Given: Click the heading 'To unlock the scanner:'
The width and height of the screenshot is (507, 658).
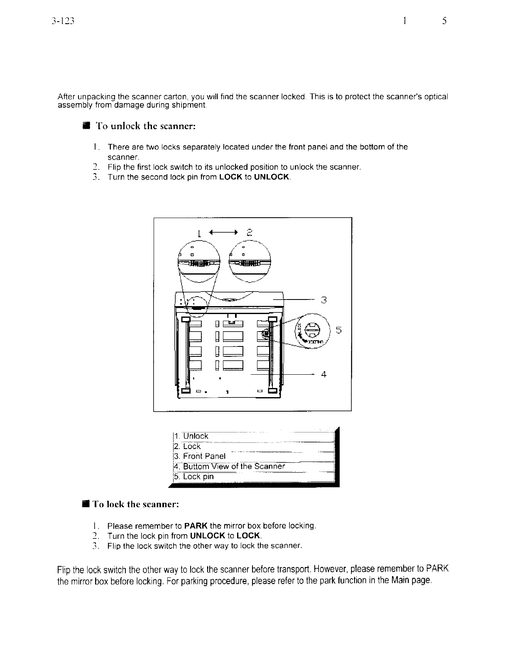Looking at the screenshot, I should pyautogui.click(x=145, y=126).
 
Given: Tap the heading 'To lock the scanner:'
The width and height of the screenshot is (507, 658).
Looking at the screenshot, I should pyautogui.click(x=136, y=504).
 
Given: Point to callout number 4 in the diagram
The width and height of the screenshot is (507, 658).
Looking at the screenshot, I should pyautogui.click(x=323, y=374).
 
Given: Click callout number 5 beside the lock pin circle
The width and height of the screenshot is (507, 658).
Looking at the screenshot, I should pyautogui.click(x=338, y=330).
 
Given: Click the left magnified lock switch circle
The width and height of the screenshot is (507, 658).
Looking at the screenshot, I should pyautogui.click(x=199, y=262).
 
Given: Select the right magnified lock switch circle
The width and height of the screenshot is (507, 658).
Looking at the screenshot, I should pyautogui.click(x=250, y=262).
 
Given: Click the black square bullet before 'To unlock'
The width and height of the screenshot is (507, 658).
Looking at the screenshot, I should pyautogui.click(x=86, y=126).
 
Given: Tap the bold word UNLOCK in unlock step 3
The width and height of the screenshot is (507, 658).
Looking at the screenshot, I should pyautogui.click(x=272, y=177).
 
